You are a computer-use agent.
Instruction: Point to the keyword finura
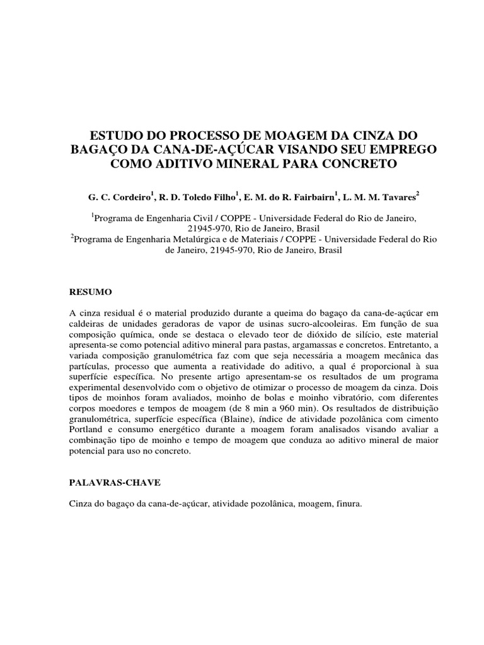click(x=348, y=504)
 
